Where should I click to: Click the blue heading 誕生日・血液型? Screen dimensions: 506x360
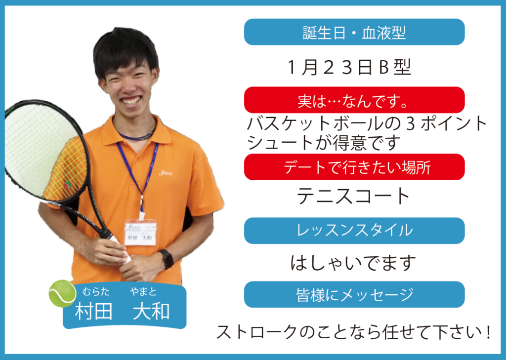(x=354, y=33)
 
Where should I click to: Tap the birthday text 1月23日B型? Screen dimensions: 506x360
(x=349, y=67)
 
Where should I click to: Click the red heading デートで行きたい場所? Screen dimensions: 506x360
(x=357, y=167)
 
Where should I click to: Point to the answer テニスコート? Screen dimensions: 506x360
(x=353, y=196)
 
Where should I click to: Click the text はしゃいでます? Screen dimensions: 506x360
(x=353, y=263)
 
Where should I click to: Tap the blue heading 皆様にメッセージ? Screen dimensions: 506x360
(x=354, y=294)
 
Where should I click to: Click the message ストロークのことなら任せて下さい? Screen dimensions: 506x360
(x=354, y=332)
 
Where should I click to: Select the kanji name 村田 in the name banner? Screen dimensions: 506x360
(x=93, y=311)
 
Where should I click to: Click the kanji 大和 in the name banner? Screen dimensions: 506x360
(x=151, y=311)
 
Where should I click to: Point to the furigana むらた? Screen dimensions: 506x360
(x=96, y=292)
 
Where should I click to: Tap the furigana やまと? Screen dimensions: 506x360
(x=143, y=292)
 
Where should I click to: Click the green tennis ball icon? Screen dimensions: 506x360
(x=62, y=293)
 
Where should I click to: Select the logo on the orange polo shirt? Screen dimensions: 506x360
(x=166, y=173)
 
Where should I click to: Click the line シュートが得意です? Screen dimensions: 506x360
(x=324, y=143)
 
